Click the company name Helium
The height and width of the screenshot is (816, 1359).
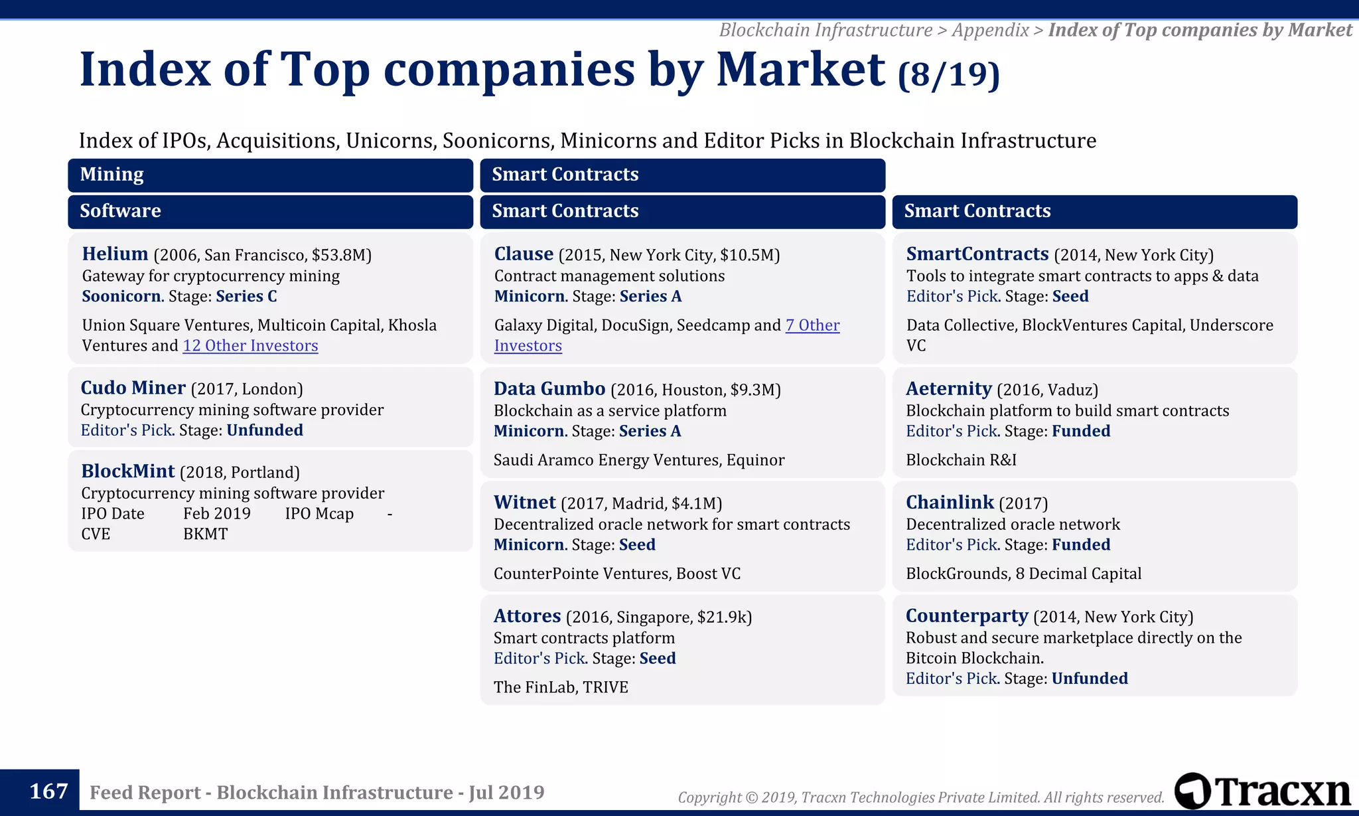[x=115, y=254]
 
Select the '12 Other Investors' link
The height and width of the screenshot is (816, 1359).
[x=250, y=346]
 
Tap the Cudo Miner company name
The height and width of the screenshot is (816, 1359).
[x=133, y=388]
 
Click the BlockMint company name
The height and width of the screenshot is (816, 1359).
[x=127, y=471]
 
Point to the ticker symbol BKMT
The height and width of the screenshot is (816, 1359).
[x=205, y=534]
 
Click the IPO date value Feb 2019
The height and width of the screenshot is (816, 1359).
[x=216, y=514]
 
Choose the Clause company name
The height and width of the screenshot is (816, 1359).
[x=524, y=254]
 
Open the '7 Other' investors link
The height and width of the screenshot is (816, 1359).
[x=812, y=325]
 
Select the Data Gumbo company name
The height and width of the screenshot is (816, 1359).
[x=549, y=389]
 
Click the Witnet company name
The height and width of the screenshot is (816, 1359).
[x=524, y=503]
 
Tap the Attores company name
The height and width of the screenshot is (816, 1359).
[x=527, y=616]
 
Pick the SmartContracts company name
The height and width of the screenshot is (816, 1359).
[x=977, y=254]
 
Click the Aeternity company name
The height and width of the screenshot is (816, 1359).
[x=948, y=389]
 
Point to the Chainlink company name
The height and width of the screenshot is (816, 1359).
[x=950, y=503]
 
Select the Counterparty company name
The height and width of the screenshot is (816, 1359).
[x=966, y=616]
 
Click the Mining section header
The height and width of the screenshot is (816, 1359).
[x=111, y=175]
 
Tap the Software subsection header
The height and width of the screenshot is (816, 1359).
[x=120, y=211]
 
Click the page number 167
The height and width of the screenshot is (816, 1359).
[x=48, y=791]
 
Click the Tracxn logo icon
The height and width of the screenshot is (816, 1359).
[x=1192, y=791]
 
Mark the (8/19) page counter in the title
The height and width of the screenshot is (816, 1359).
[x=948, y=75]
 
